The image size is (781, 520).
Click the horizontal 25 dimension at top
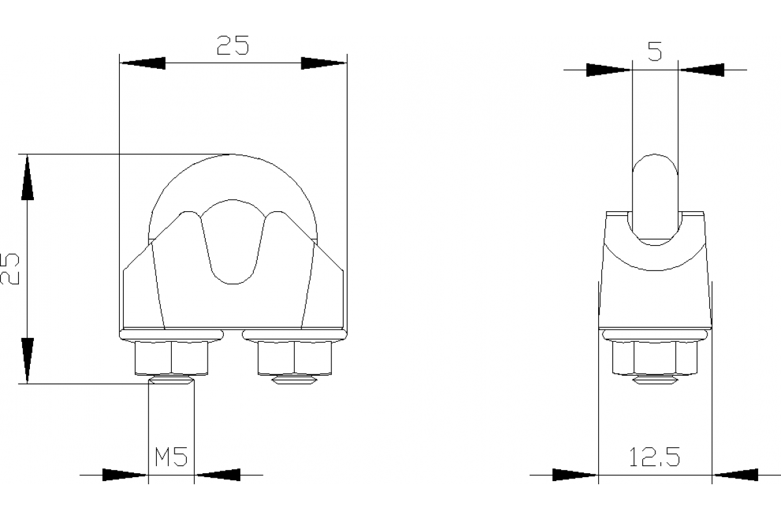233,45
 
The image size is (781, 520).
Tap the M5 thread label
171,458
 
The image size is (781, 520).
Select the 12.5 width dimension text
655,458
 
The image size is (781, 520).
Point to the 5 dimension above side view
655,52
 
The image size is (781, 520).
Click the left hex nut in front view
172,359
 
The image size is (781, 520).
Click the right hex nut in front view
295,359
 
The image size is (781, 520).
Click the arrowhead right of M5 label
218,475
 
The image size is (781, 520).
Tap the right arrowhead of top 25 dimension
323,63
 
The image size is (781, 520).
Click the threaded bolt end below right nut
295,380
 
